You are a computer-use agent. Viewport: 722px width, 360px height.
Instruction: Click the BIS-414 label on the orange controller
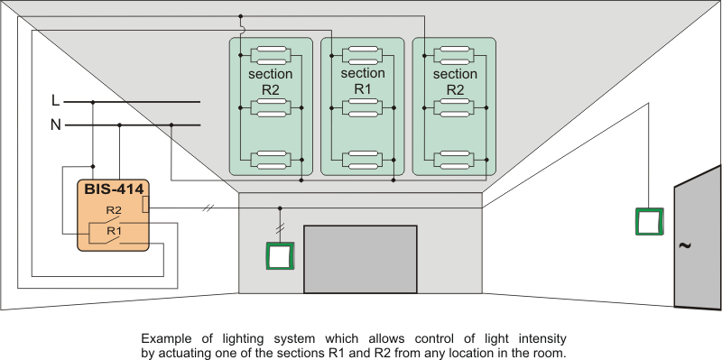coord(114,189)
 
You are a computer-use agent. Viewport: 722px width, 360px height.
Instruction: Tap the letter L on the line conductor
coord(56,101)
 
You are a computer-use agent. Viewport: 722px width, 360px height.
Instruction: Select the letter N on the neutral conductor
coord(56,125)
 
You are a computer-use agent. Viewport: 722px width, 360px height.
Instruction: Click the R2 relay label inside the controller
coord(114,210)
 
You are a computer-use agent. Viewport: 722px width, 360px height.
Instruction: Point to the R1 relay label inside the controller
coord(114,231)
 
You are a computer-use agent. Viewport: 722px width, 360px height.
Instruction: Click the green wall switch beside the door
coord(649,221)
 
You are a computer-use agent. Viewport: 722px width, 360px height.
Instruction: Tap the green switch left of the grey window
coord(280,255)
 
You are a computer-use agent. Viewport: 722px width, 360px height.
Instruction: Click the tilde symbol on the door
coord(685,245)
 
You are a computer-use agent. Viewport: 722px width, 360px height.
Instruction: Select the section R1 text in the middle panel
coord(363,81)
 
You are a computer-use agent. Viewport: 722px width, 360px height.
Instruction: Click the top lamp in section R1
coord(363,55)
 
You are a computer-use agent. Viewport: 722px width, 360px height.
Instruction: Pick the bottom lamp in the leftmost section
coord(271,160)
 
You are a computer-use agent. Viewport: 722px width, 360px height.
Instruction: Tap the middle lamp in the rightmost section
coord(455,107)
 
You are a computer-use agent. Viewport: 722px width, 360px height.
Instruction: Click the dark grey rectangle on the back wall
coord(360,259)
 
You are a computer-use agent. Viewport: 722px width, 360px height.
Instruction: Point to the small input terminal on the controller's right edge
coord(145,205)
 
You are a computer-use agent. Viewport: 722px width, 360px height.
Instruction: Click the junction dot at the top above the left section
coord(240,16)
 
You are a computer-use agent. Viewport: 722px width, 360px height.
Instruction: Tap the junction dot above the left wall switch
coord(280,208)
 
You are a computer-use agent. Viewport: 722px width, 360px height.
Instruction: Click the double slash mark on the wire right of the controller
coord(208,208)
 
